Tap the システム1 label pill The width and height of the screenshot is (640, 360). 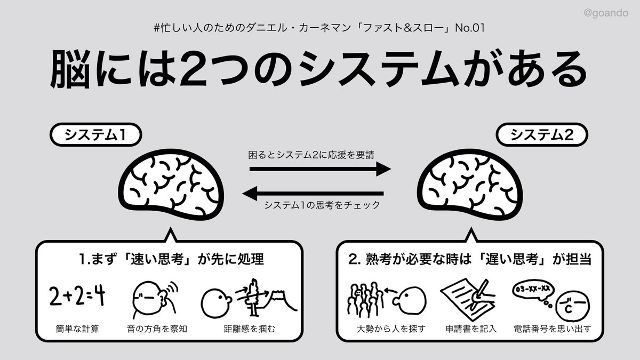(x=95, y=135)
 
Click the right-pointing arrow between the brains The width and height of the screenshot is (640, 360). (x=320, y=170)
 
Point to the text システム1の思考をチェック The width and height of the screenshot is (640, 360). (x=322, y=205)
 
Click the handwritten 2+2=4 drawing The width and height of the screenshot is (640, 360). (x=76, y=297)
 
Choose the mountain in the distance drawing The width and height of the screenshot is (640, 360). (x=276, y=299)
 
